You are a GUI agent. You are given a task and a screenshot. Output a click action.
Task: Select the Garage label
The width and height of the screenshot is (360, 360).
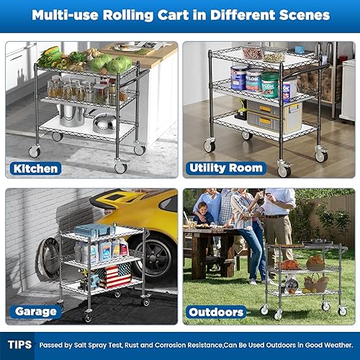pos(34,312)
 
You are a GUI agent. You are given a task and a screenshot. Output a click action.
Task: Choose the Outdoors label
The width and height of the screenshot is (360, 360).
pos(216,312)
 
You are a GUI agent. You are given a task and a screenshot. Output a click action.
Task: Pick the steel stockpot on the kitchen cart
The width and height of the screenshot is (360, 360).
pos(72,115)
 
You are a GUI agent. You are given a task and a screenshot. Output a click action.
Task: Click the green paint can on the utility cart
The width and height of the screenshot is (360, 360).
pos(270,84)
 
